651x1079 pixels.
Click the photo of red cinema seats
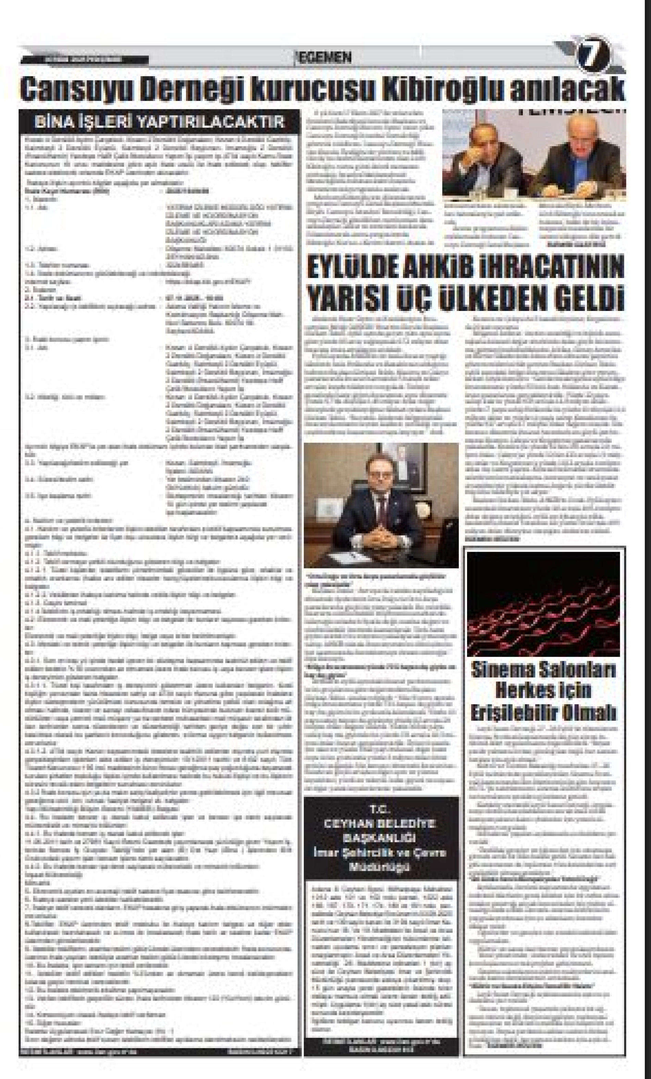tap(543, 604)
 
